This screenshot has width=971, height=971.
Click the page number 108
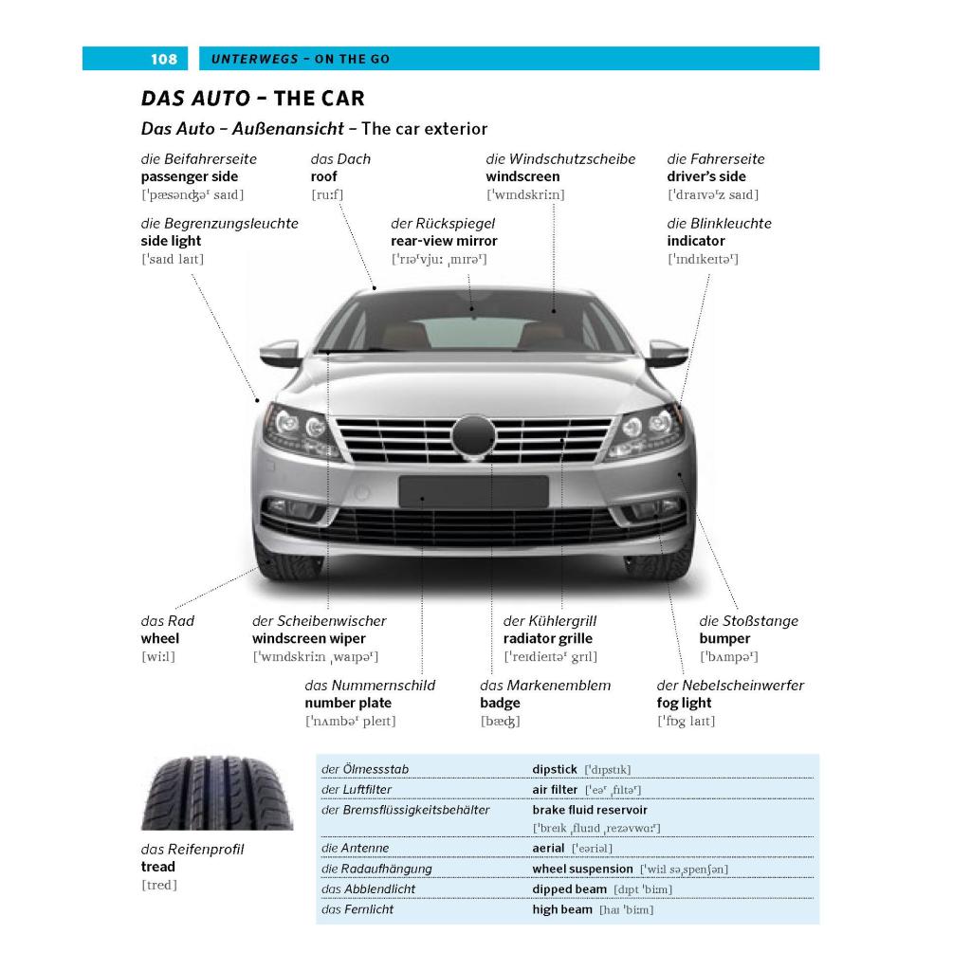point(164,59)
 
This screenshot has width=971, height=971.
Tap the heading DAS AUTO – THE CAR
point(252,99)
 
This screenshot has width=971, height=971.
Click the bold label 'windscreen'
point(522,176)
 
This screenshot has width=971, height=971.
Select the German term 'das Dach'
point(340,159)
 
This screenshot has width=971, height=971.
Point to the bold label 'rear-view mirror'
point(444,241)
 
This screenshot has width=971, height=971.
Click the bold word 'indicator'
point(696,241)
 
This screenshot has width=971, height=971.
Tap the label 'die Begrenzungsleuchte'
point(220,224)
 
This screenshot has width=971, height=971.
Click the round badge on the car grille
point(474,436)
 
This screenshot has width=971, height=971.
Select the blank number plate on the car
point(474,492)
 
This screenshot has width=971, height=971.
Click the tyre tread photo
point(217,793)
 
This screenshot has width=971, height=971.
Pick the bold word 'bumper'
point(724,638)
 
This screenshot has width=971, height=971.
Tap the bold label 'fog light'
point(685,703)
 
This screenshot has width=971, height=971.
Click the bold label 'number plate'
point(348,703)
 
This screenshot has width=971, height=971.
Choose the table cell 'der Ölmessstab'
point(365,769)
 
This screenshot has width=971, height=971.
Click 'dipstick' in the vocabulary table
point(555,769)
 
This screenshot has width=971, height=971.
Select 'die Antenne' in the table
point(356,848)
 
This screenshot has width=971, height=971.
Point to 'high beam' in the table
point(562,909)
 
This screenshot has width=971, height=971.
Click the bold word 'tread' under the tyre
point(158,867)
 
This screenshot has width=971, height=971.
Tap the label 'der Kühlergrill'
point(550,621)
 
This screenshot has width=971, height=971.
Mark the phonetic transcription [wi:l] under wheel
point(158,656)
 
